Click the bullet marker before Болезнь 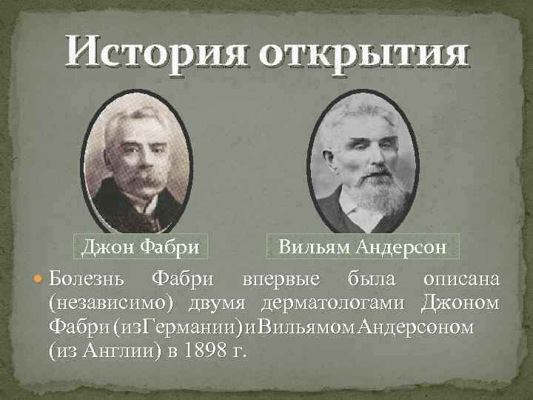40,281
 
